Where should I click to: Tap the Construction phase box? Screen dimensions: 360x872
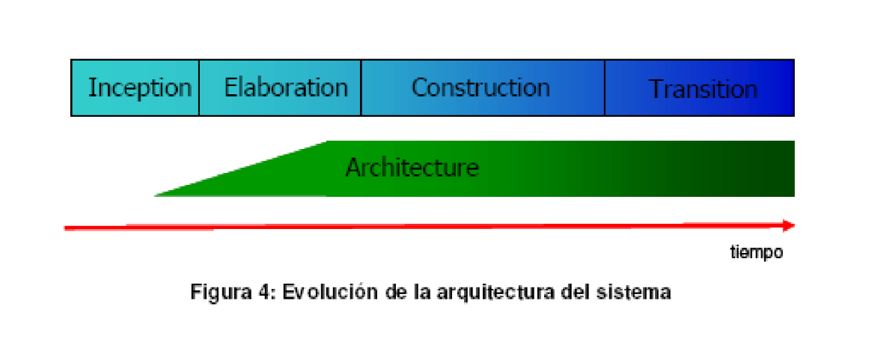click(x=482, y=88)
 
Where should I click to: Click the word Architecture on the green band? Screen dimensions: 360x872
click(x=412, y=167)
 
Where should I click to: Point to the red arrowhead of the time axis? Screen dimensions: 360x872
click(x=788, y=225)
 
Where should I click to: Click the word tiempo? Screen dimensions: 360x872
click(x=757, y=252)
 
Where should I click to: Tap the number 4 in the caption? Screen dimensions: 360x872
click(x=261, y=292)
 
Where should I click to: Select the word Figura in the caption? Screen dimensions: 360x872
click(x=221, y=292)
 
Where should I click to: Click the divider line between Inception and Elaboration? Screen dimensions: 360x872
click(x=199, y=88)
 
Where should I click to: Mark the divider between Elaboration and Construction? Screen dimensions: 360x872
click(x=361, y=88)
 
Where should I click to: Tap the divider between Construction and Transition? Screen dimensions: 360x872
click(x=605, y=88)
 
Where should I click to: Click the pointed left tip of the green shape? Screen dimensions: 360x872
click(x=157, y=195)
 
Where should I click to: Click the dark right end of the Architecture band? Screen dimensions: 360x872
click(x=778, y=168)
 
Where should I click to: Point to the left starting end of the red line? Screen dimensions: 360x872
click(x=67, y=228)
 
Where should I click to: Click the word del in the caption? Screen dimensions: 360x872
click(x=576, y=292)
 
